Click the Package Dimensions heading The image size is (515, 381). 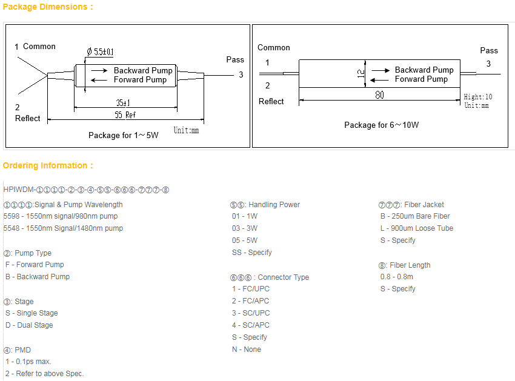point(48,7)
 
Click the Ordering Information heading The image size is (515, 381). point(48,165)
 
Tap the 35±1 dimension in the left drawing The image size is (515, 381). point(123,103)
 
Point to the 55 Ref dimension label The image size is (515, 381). point(126,114)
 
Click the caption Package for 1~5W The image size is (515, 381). point(123,135)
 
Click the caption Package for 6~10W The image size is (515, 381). point(381,125)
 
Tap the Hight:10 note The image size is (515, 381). point(478,97)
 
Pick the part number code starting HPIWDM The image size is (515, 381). point(86,190)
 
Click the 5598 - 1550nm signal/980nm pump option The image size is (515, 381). point(61,216)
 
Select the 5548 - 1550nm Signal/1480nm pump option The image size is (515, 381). point(63,228)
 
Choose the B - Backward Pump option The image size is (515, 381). point(38,277)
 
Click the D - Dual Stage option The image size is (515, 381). point(29,325)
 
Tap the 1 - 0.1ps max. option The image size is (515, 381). point(28,362)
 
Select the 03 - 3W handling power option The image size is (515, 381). point(245,228)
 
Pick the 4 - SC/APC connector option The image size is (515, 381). point(251,325)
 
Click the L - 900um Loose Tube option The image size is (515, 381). point(417,228)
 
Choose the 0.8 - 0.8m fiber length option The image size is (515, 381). point(397,277)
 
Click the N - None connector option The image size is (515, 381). point(247,350)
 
